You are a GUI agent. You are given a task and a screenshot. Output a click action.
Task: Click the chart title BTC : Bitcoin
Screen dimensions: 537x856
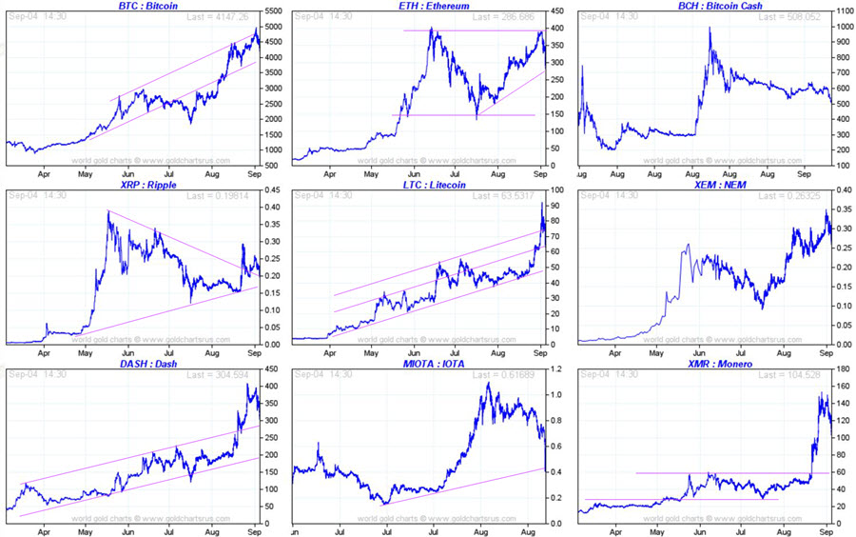click(x=133, y=6)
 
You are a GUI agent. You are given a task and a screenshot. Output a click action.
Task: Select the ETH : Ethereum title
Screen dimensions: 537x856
click(x=418, y=6)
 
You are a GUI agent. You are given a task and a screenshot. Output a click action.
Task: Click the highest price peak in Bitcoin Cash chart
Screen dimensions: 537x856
click(x=710, y=29)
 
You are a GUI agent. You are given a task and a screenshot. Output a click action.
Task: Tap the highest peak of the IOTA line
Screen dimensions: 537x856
click(x=487, y=384)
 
